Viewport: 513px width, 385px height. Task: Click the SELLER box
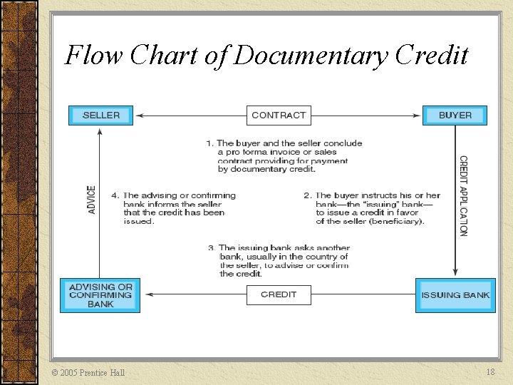(100, 115)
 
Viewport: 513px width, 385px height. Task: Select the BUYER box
(455, 115)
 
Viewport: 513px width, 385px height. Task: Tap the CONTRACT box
(279, 115)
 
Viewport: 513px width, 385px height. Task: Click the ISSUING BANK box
(455, 294)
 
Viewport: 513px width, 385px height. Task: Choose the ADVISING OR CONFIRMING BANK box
(100, 295)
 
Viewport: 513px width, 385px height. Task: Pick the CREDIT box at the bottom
(279, 294)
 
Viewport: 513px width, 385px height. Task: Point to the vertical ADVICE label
(91, 200)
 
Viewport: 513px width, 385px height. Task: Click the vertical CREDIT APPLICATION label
(463, 196)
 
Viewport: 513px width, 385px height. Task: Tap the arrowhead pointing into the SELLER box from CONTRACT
(140, 115)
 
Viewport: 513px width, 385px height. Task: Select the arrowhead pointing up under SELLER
(100, 130)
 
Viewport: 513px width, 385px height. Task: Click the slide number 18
(490, 372)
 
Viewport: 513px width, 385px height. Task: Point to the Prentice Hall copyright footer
(89, 372)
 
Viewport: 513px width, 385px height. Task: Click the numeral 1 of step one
(209, 143)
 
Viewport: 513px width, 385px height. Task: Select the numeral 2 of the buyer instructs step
(307, 195)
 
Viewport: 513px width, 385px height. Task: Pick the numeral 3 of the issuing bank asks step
(212, 248)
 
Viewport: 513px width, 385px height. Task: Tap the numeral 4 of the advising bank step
(115, 195)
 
